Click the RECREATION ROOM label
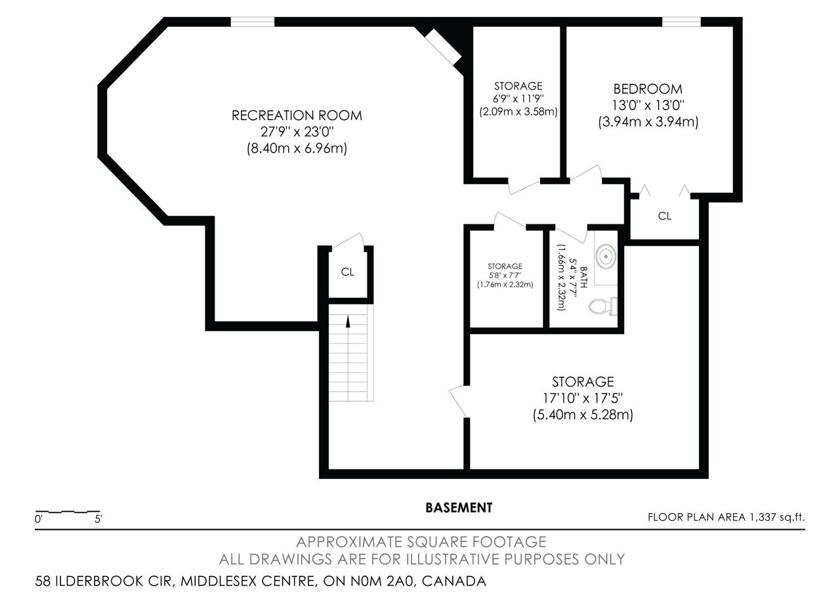(x=297, y=115)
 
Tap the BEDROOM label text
(x=648, y=89)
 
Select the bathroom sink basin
(x=606, y=256)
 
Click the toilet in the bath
(x=602, y=306)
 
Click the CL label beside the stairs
(x=347, y=272)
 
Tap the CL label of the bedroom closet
(x=665, y=216)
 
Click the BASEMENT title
(x=459, y=508)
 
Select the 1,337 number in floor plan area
(x=763, y=518)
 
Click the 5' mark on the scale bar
(x=98, y=519)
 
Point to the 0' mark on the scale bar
(x=38, y=519)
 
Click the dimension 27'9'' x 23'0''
(x=297, y=132)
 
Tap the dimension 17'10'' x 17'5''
(x=583, y=398)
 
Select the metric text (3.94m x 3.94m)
(x=648, y=122)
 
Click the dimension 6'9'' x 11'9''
(x=518, y=99)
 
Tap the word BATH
(x=583, y=277)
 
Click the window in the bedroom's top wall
(x=681, y=22)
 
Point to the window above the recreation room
(x=253, y=22)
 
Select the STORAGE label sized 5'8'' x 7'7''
(x=505, y=266)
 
